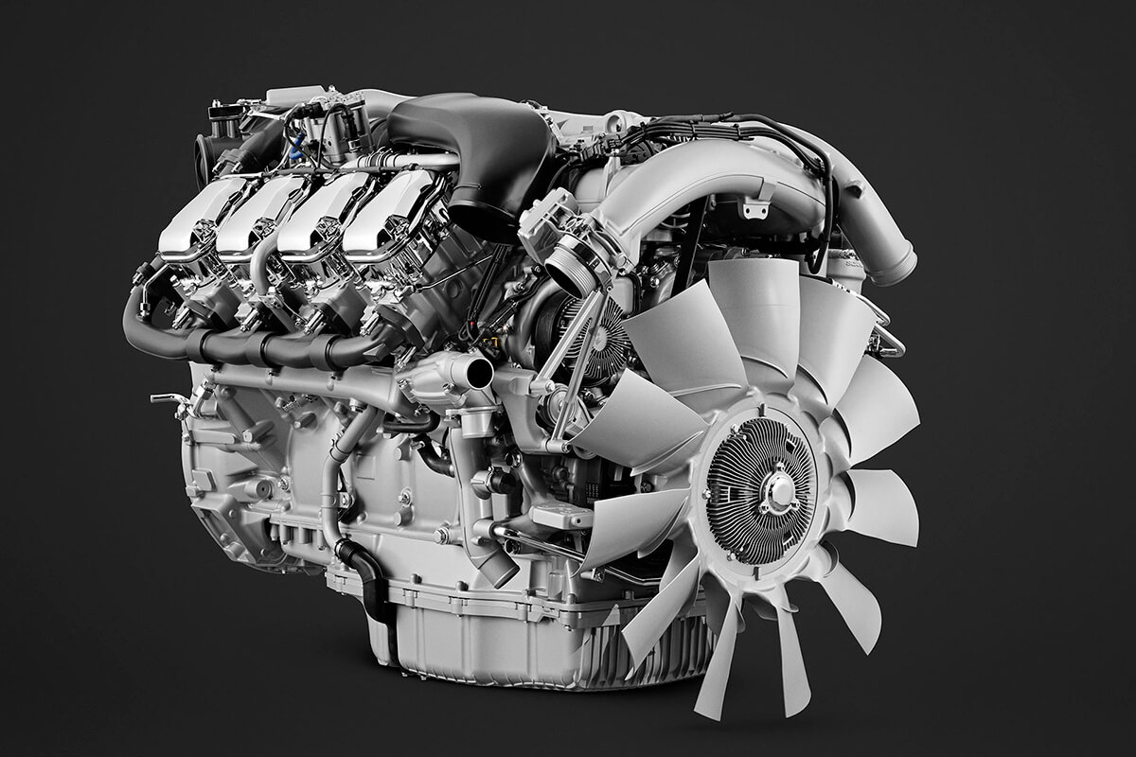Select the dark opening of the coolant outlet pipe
pos(479,372)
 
